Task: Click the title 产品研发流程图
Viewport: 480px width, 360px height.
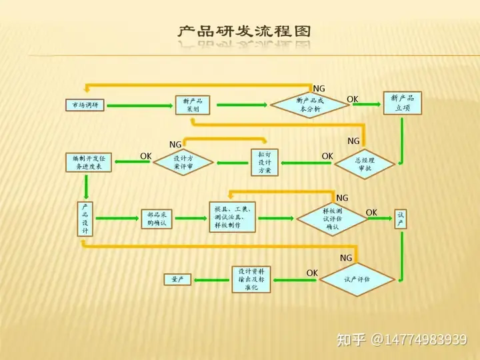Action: [244, 31]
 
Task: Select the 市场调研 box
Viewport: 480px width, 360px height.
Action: [85, 105]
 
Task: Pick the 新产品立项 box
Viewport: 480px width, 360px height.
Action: [402, 103]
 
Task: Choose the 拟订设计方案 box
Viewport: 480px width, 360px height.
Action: [264, 162]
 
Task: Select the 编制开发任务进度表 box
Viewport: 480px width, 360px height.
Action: [88, 161]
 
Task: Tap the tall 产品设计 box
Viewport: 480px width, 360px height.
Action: [85, 219]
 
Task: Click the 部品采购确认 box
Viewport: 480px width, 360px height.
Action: [157, 218]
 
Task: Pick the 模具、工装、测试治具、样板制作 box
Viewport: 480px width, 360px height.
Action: [233, 217]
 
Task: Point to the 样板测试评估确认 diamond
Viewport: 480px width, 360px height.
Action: [332, 218]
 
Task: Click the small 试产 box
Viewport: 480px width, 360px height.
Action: [401, 218]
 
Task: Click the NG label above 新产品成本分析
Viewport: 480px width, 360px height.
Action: [319, 89]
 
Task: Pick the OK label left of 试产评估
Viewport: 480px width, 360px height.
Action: [312, 273]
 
